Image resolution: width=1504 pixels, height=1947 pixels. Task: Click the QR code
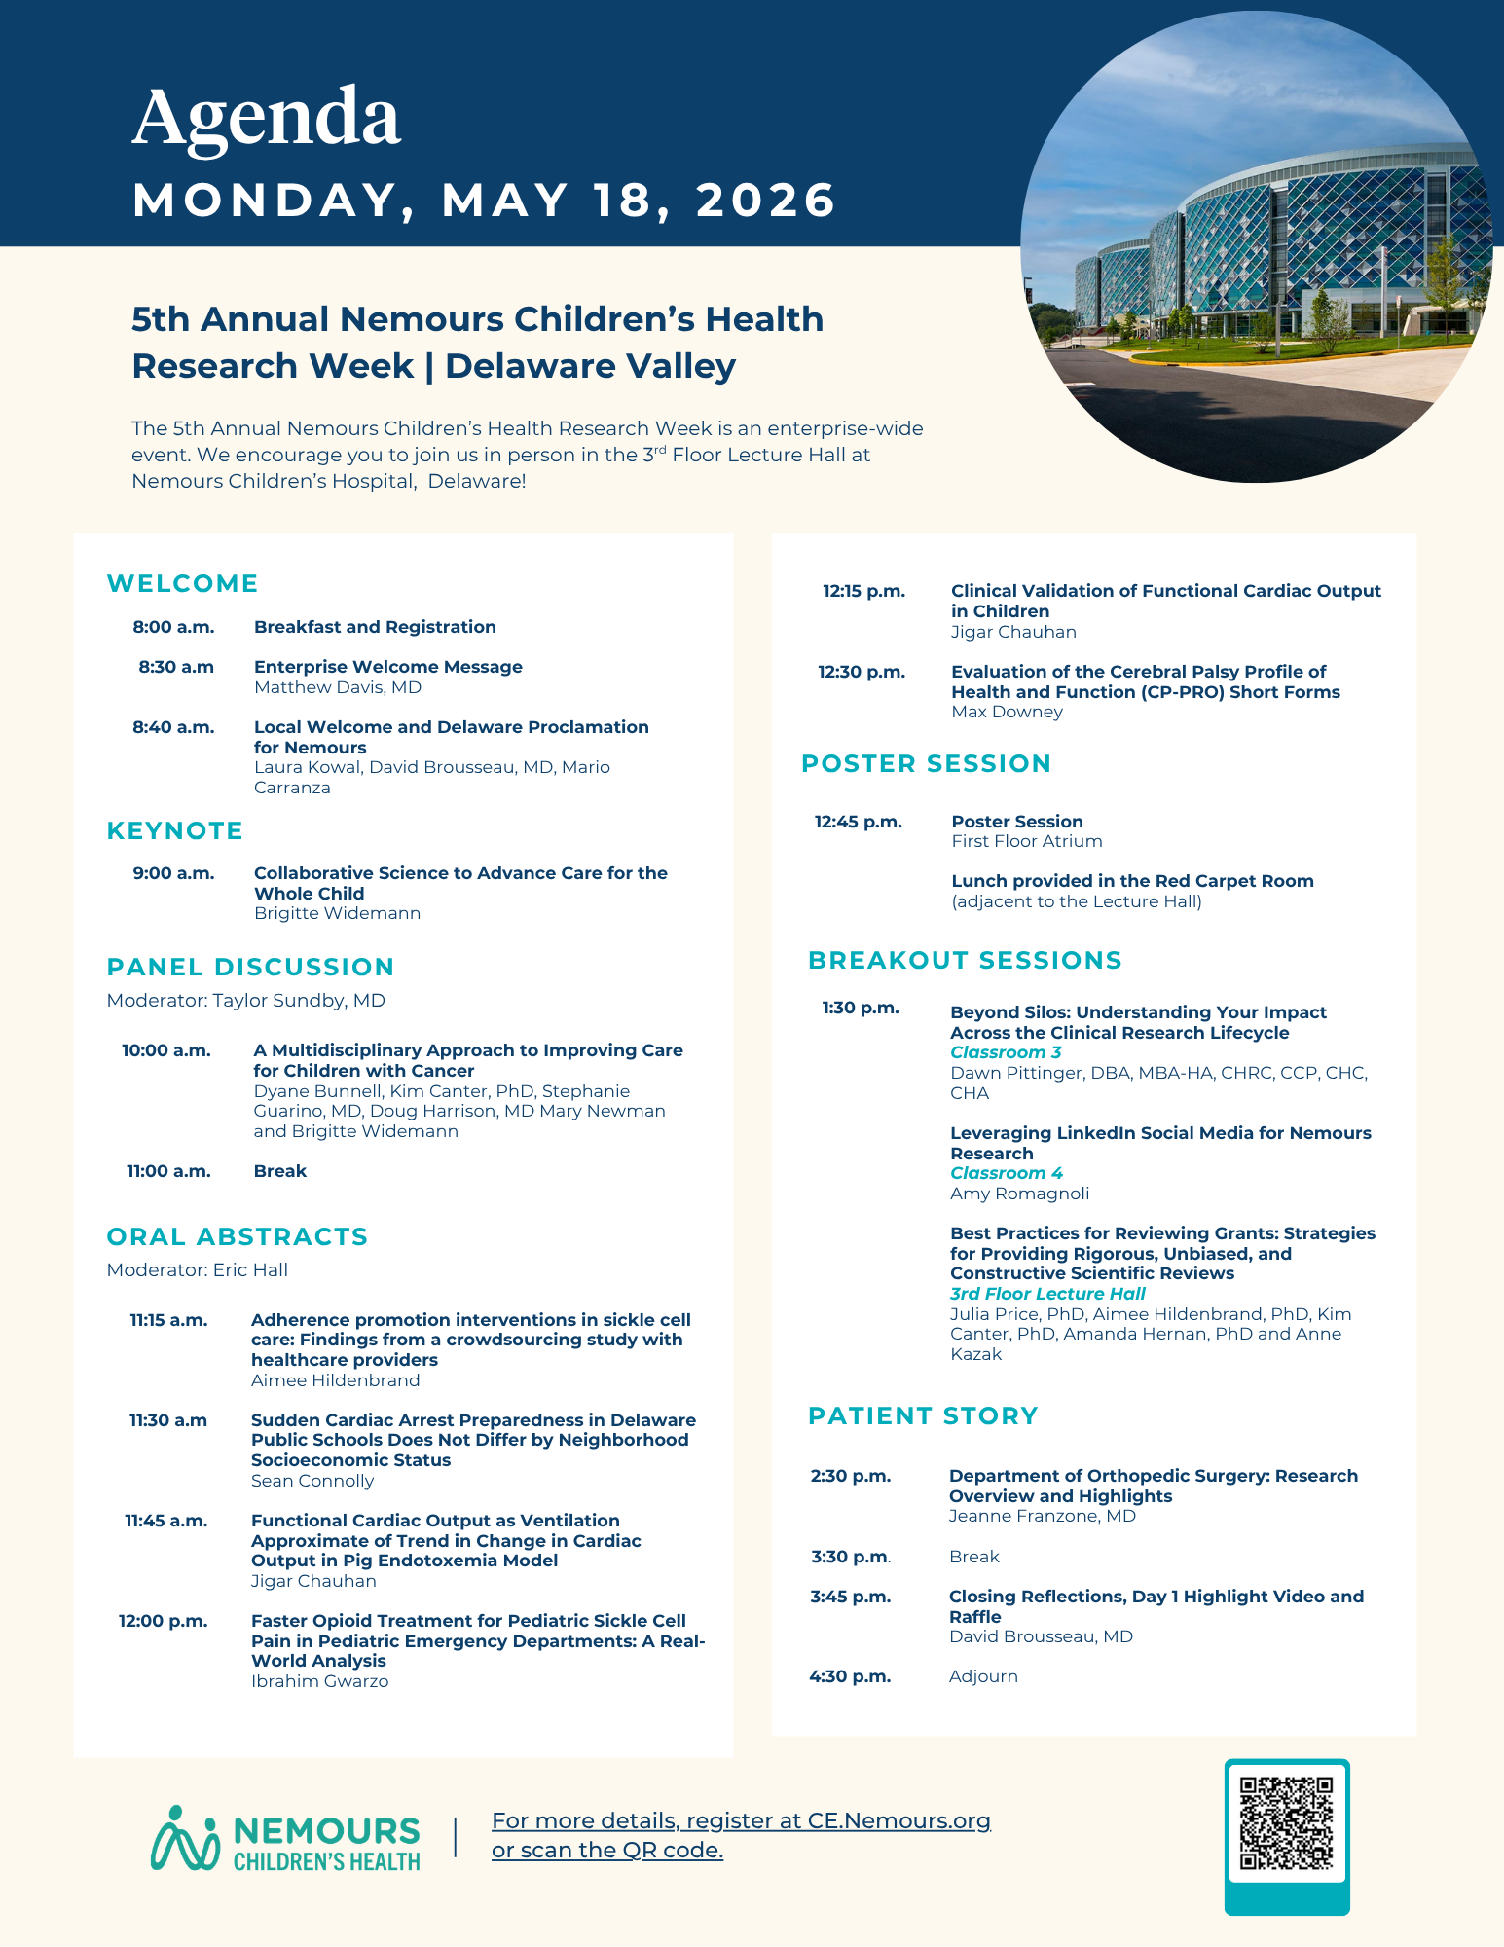[x=1286, y=1822]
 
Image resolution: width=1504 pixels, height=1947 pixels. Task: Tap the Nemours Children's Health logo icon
[x=185, y=1839]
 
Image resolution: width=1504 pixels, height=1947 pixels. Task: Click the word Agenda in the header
[x=266, y=117]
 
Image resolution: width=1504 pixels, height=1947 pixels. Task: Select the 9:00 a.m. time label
[x=173, y=873]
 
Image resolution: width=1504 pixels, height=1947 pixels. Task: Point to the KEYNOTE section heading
[x=175, y=830]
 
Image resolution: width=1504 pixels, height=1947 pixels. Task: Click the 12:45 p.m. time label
[x=858, y=822]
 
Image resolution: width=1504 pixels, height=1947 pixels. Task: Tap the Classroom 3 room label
[x=1006, y=1052]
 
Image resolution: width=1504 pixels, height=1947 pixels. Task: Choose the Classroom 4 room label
[x=1007, y=1173]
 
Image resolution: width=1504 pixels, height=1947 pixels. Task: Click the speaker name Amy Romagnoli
[x=1019, y=1194]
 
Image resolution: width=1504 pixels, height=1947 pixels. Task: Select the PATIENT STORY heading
[x=923, y=1415]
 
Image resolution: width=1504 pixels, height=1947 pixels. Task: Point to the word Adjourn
[x=983, y=1676]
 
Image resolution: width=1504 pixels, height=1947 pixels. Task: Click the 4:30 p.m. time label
[x=850, y=1676]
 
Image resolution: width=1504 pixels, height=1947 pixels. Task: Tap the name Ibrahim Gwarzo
[x=319, y=1681]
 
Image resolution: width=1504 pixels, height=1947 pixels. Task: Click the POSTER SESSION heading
[x=926, y=763]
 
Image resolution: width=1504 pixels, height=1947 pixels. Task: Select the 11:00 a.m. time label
[x=168, y=1171]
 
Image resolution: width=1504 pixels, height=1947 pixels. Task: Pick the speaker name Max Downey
[x=1007, y=712]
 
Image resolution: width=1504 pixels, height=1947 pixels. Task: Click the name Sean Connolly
[x=312, y=1481]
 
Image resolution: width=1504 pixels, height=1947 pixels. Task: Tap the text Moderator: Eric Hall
[x=197, y=1269]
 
